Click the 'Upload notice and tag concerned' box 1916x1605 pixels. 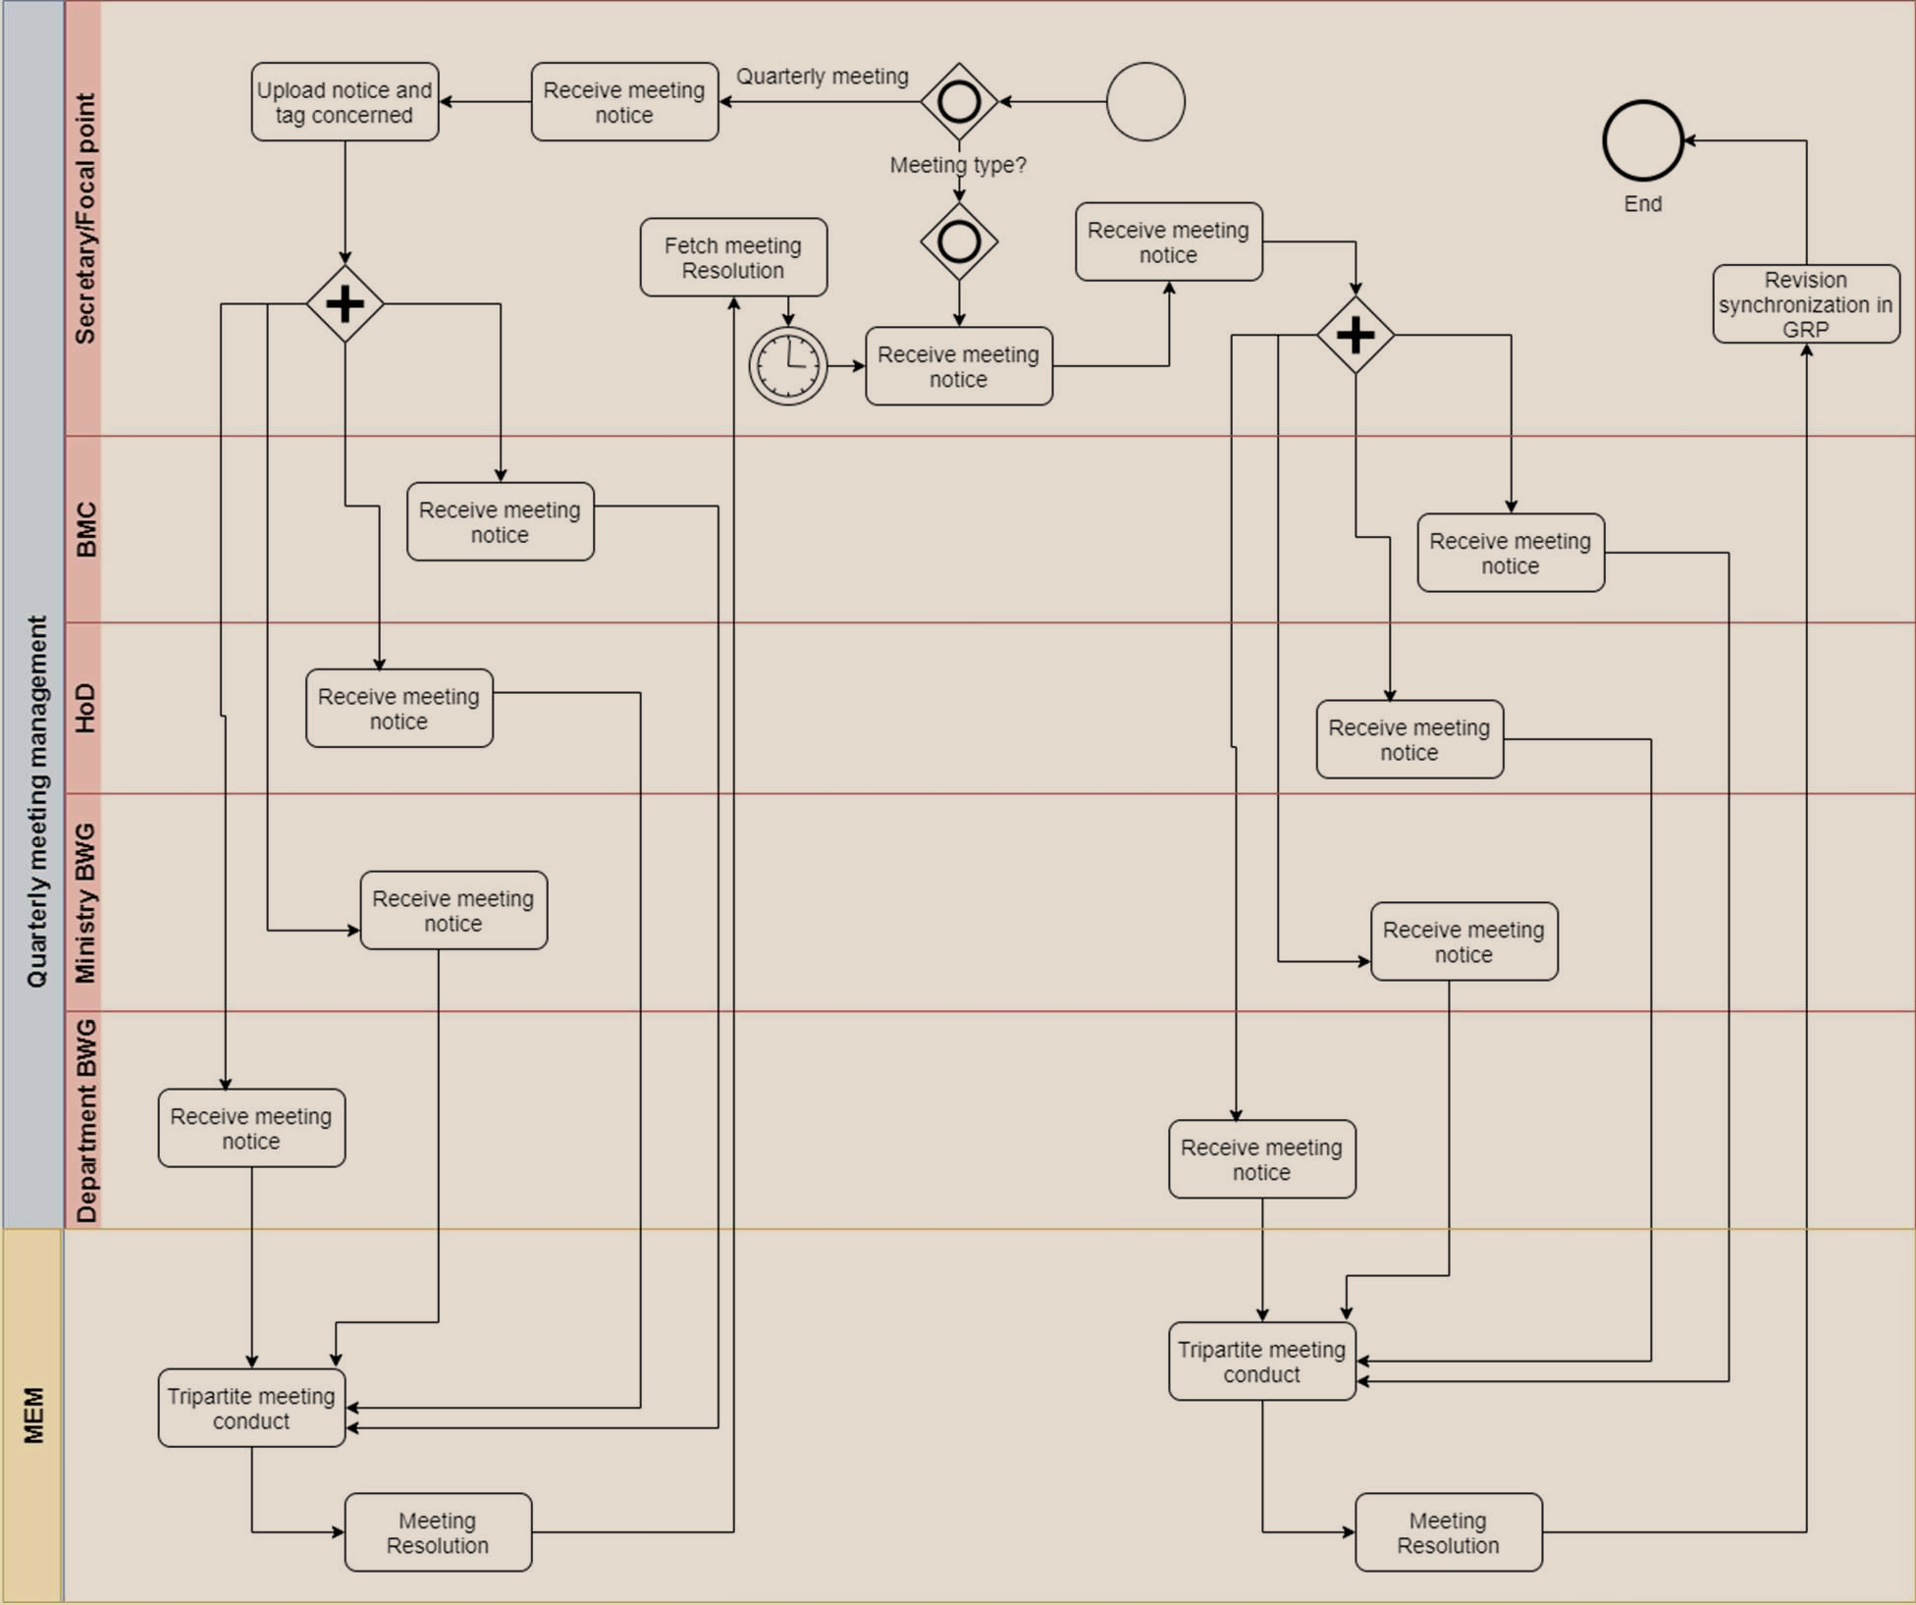[x=345, y=102]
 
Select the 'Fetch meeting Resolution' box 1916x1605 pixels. [x=733, y=257]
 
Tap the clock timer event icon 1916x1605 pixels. [x=788, y=366]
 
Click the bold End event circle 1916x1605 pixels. [x=1643, y=140]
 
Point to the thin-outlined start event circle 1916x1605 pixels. [x=1145, y=102]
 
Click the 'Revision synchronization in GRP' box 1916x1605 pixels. [x=1806, y=304]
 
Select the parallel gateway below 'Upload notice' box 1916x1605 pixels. [x=345, y=304]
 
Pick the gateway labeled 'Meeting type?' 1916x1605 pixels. [x=959, y=102]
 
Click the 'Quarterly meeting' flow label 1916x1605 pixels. [x=823, y=77]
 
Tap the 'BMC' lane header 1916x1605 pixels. [x=85, y=529]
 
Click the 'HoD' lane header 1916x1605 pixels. [x=85, y=708]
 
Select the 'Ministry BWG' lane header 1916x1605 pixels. [x=85, y=902]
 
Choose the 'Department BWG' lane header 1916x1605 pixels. [x=85, y=1120]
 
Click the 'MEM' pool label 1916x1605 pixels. [x=33, y=1416]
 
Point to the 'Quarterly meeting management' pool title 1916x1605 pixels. [x=35, y=801]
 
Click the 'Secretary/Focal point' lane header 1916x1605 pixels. [x=85, y=219]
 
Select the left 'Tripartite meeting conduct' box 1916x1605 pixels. [x=251, y=1408]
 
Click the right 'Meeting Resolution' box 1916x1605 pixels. [x=1449, y=1532]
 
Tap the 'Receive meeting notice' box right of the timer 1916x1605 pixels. [x=959, y=366]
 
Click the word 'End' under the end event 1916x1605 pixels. [x=1643, y=204]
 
